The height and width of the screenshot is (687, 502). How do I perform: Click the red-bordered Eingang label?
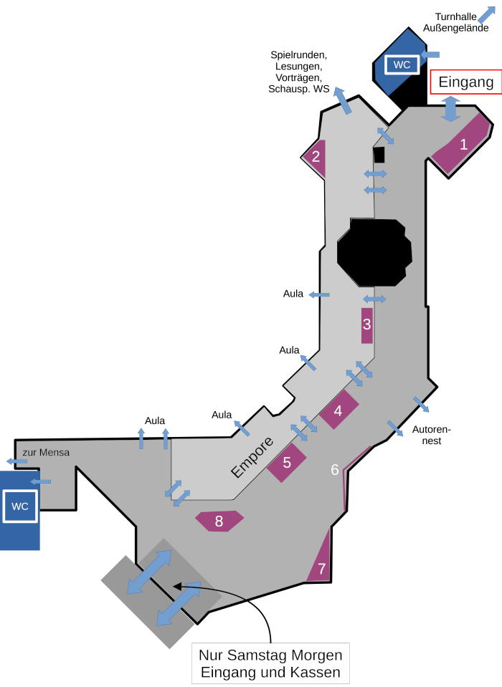click(465, 82)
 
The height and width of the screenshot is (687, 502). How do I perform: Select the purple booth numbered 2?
click(316, 157)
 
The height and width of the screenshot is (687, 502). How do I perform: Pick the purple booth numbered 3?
click(366, 325)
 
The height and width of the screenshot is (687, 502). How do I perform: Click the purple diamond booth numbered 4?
click(338, 410)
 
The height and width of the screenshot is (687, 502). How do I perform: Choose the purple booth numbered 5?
click(287, 462)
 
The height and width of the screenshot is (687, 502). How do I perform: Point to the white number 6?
click(334, 470)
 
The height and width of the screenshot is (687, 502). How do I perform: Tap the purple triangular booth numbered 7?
click(321, 567)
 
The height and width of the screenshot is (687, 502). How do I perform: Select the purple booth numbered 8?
click(219, 521)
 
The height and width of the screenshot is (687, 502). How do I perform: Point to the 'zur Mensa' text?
click(46, 452)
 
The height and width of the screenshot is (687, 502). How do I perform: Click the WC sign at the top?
click(402, 64)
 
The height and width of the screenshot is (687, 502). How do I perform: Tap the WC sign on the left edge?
click(20, 506)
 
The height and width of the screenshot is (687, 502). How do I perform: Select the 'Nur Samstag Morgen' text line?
click(270, 655)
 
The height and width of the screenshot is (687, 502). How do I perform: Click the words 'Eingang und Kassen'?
click(270, 673)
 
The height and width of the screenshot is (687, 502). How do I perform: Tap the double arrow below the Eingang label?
click(450, 108)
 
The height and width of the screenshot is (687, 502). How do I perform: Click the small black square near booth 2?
click(379, 154)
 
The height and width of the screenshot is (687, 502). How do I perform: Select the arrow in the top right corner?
click(487, 13)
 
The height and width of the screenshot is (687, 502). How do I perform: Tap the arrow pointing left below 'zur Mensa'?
click(16, 461)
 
